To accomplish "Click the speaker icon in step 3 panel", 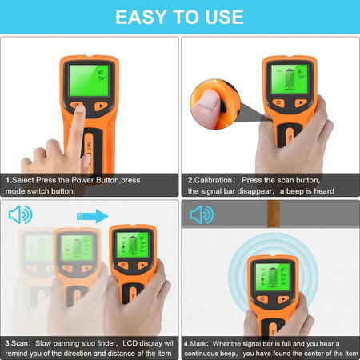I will pos(20,215).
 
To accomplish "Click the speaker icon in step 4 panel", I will pos(201,215).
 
